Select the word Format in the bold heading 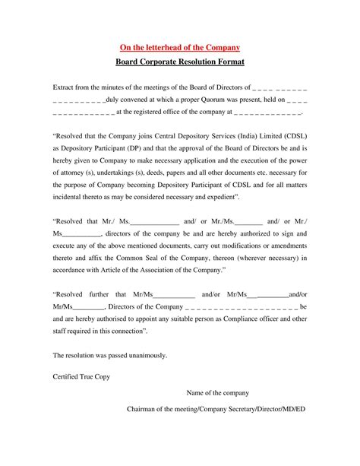pyautogui.click(x=228, y=62)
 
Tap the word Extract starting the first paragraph pyautogui.click(x=66, y=87)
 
